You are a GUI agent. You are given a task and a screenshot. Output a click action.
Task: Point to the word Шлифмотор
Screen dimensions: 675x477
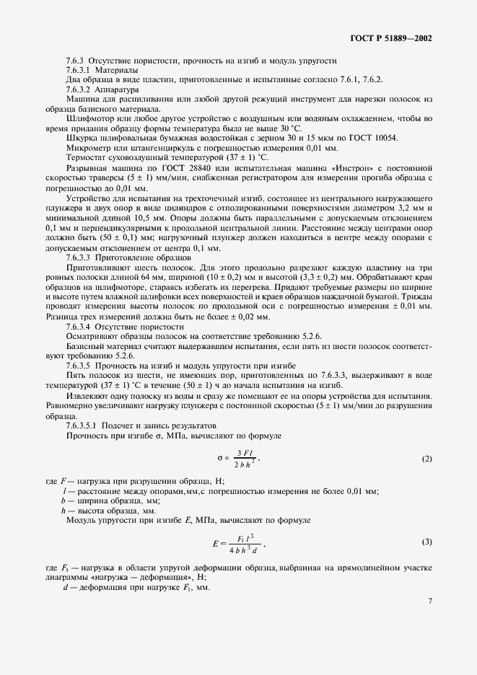88,118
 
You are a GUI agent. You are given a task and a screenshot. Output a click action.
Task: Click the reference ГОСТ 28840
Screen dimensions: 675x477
180,167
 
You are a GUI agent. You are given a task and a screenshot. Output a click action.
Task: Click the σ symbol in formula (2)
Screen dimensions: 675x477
219,457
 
